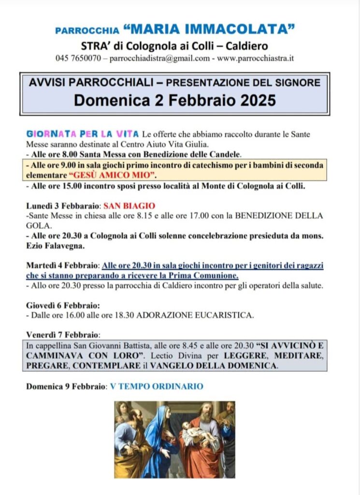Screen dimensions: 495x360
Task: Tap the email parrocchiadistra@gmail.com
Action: (x=160, y=58)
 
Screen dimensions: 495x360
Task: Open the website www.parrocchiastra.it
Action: (x=256, y=58)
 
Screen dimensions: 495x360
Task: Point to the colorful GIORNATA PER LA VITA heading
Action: (x=83, y=134)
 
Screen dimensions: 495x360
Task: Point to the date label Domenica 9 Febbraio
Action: (x=66, y=386)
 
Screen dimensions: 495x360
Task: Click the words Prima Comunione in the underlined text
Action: (x=208, y=276)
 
